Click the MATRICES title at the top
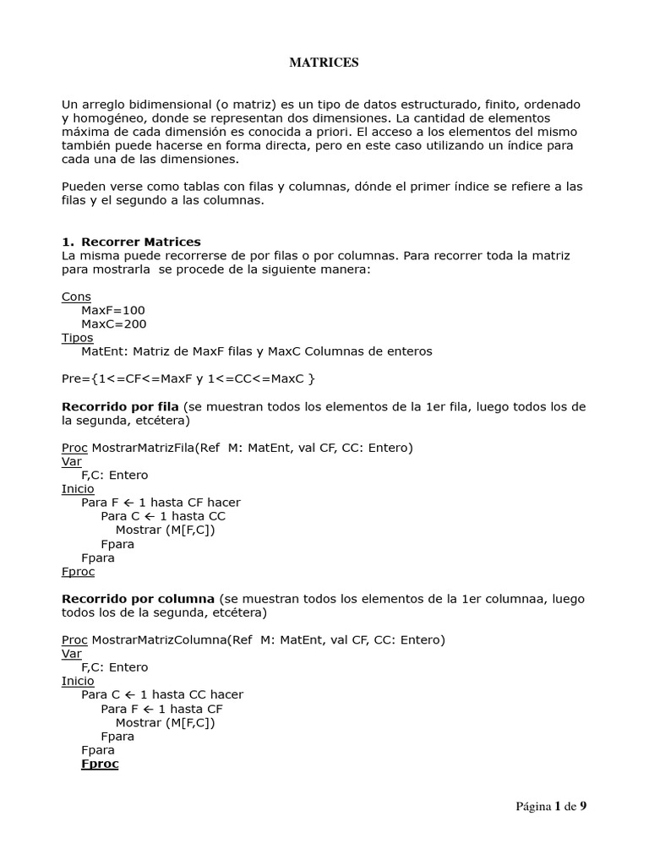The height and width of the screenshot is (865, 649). pyautogui.click(x=324, y=63)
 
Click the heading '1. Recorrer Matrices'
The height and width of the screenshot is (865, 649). pyautogui.click(x=131, y=242)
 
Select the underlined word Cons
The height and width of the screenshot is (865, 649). pyautogui.click(x=77, y=296)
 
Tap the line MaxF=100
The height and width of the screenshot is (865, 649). pyautogui.click(x=113, y=310)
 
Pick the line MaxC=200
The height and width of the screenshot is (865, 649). pyautogui.click(x=113, y=324)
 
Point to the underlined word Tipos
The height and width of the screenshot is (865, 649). pyautogui.click(x=78, y=337)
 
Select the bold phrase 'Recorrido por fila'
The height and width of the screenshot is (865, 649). pyautogui.click(x=120, y=406)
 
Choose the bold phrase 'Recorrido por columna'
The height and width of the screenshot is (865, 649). pyautogui.click(x=139, y=599)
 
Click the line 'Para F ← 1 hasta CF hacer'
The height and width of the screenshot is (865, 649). pyautogui.click(x=161, y=502)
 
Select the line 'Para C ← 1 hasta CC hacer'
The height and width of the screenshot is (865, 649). pyautogui.click(x=161, y=694)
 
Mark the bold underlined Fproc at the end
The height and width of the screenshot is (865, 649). pyautogui.click(x=100, y=764)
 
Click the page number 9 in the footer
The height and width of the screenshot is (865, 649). pyautogui.click(x=583, y=806)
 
